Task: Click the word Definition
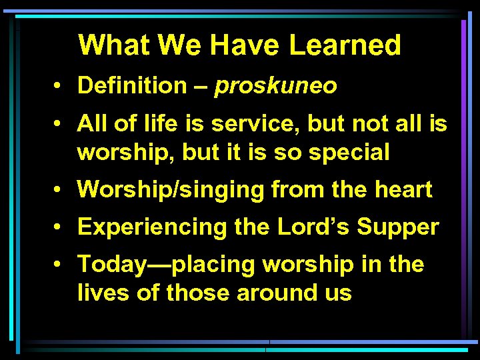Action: click(x=133, y=85)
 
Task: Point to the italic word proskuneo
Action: click(x=275, y=86)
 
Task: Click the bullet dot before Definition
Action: click(x=60, y=86)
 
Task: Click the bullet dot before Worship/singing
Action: click(x=60, y=190)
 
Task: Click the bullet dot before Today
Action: click(x=60, y=265)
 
